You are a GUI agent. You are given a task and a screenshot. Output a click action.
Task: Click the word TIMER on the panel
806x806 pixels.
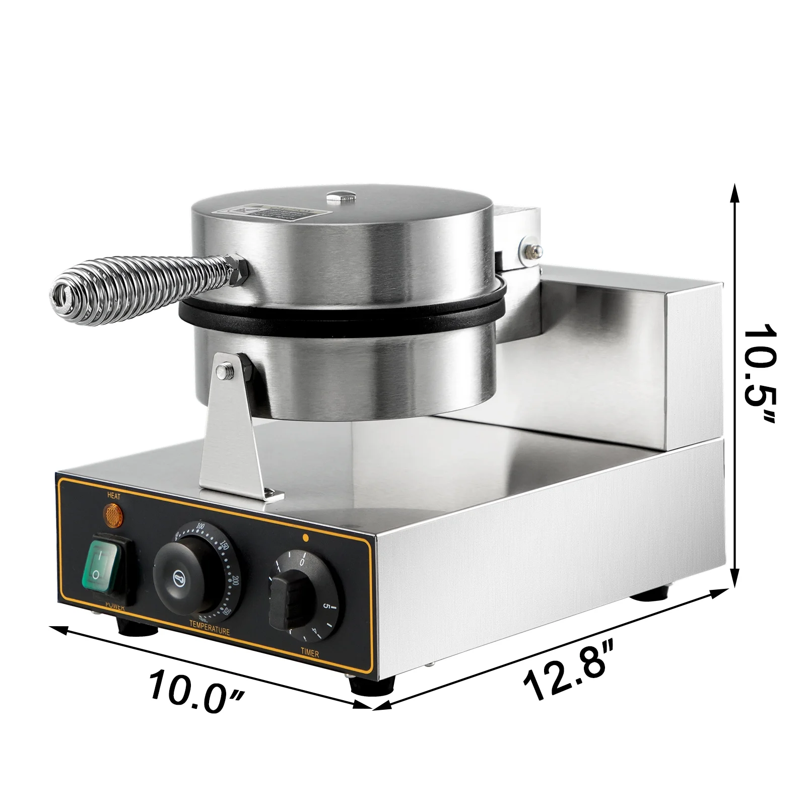click(310, 653)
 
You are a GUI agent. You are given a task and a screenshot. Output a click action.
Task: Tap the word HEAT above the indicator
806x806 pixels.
click(114, 496)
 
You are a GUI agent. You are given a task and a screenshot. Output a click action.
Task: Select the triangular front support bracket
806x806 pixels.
click(232, 433)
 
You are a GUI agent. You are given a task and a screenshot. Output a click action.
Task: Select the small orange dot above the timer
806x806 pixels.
click(305, 537)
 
